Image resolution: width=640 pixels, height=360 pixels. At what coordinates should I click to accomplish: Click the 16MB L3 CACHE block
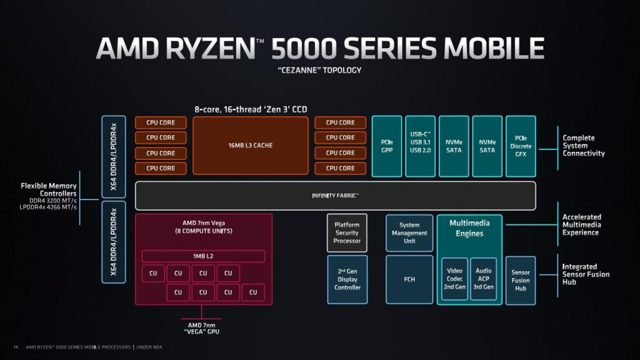(251, 146)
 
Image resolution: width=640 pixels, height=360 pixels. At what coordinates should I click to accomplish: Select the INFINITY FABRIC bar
(336, 196)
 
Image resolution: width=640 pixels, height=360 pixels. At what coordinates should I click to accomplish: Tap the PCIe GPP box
(387, 146)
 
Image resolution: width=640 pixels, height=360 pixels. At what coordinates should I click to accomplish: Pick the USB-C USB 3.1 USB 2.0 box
(421, 146)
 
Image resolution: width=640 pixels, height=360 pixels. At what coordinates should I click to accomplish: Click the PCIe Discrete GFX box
(521, 146)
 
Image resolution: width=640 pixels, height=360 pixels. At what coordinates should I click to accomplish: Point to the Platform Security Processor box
(347, 232)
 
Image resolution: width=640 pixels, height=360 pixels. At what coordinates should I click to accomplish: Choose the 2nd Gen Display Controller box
(347, 279)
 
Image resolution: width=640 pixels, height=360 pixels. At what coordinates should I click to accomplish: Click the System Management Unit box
(409, 233)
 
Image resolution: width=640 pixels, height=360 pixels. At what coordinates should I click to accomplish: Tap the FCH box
(409, 279)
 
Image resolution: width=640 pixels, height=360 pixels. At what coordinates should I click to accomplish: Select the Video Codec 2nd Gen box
(455, 279)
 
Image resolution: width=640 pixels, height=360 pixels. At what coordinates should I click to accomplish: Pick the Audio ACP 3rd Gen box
(484, 279)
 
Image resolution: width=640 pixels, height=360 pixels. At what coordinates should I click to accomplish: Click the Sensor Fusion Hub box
(521, 281)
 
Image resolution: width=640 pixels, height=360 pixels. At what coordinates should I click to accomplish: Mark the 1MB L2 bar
(203, 256)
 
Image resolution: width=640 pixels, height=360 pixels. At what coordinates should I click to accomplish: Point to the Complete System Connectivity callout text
(584, 146)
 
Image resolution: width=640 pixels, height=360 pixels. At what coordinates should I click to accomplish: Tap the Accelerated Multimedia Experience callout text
(582, 225)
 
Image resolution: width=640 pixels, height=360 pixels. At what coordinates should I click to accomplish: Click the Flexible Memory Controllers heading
(49, 189)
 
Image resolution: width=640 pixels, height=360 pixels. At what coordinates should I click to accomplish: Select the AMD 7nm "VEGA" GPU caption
(202, 329)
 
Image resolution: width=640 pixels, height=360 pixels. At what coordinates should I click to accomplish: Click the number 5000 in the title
(304, 49)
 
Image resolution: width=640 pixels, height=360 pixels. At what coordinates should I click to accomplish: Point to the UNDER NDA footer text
(149, 347)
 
